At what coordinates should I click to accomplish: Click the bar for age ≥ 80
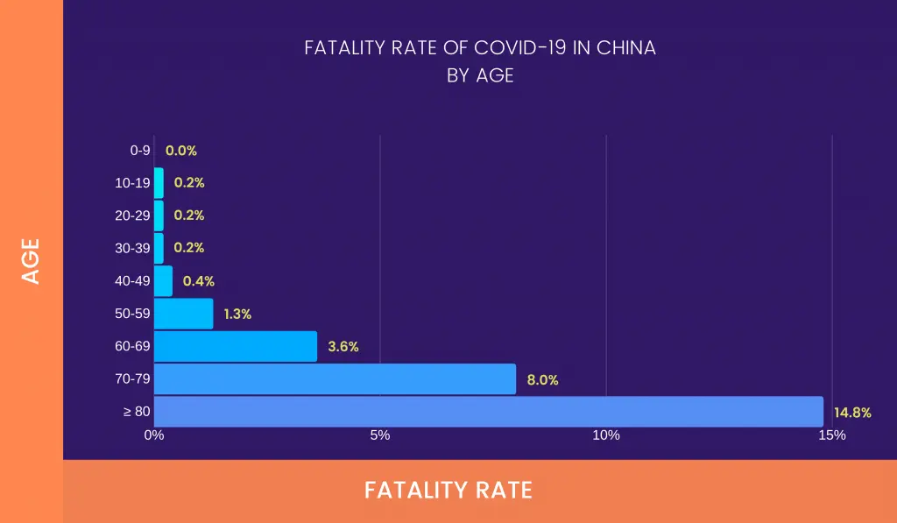click(x=489, y=412)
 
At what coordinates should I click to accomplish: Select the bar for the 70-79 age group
click(x=335, y=379)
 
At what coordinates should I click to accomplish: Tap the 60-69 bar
click(x=236, y=346)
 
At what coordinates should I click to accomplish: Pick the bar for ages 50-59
click(x=184, y=314)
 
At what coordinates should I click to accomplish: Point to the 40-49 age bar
click(x=164, y=281)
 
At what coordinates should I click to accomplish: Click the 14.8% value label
click(x=852, y=413)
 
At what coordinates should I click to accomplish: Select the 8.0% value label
click(x=542, y=380)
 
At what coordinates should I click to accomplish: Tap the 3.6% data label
click(x=343, y=347)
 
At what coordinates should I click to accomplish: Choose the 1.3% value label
click(x=237, y=314)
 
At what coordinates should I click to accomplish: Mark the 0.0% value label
click(x=180, y=151)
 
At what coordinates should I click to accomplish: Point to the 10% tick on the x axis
click(x=606, y=435)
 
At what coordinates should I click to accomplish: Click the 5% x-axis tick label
click(x=380, y=435)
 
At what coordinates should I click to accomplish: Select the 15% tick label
click(x=832, y=435)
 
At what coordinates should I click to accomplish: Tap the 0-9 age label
click(x=140, y=151)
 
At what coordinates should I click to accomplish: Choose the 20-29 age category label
click(x=133, y=216)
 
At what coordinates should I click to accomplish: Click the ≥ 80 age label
click(x=137, y=412)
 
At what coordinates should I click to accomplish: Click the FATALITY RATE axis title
click(x=448, y=490)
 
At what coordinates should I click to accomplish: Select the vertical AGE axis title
click(x=32, y=261)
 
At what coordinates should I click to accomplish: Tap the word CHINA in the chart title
click(x=626, y=48)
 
